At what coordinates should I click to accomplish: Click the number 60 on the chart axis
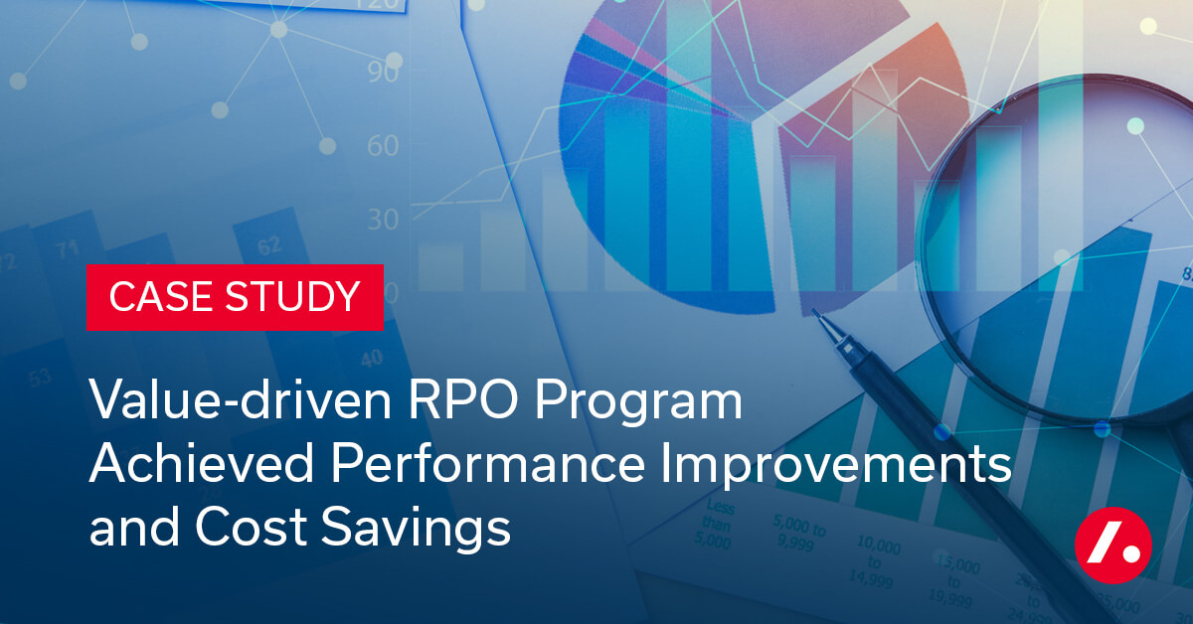coord(382,147)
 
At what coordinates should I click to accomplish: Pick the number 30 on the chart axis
coord(382,219)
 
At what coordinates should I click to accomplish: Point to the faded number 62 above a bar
coord(269,246)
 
